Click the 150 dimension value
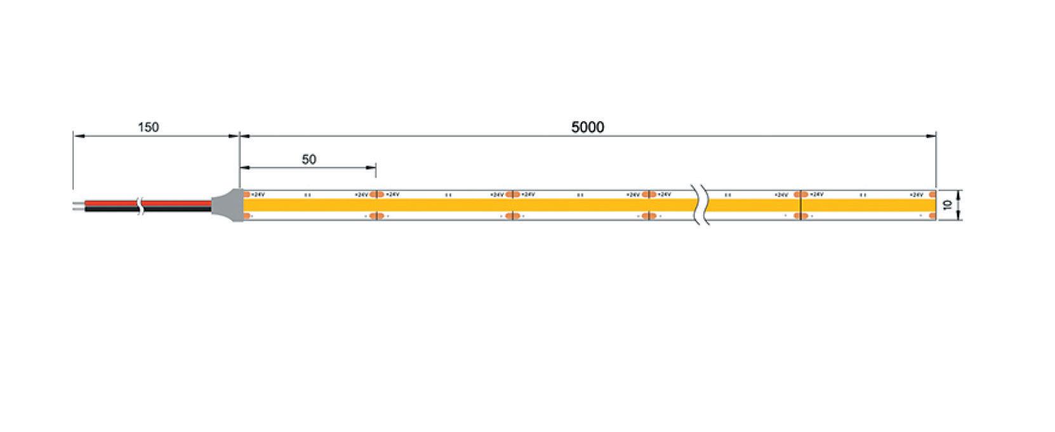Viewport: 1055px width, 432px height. click(x=148, y=127)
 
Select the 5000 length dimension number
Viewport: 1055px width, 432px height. click(x=587, y=127)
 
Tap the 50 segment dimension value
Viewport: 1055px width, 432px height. click(x=309, y=159)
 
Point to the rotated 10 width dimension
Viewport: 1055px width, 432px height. click(x=947, y=205)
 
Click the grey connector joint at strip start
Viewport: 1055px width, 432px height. click(x=227, y=205)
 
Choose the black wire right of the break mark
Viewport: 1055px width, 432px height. click(x=178, y=208)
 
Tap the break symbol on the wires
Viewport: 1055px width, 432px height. click(x=142, y=205)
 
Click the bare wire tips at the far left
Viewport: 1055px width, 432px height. click(x=79, y=205)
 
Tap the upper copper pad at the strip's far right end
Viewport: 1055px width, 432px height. click(x=932, y=194)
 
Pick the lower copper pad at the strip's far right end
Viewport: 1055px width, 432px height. click(x=932, y=216)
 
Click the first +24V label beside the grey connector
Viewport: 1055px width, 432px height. click(x=257, y=194)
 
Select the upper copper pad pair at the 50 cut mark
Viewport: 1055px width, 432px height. click(x=376, y=194)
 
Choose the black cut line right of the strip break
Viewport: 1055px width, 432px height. click(x=801, y=205)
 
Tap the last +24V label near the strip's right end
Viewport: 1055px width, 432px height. click(x=916, y=194)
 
